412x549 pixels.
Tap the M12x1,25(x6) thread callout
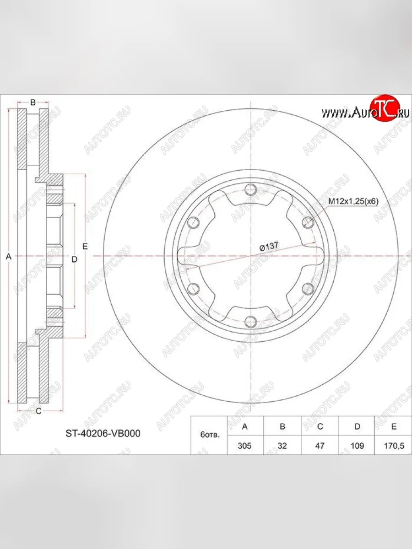353,202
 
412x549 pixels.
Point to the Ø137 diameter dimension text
269,246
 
